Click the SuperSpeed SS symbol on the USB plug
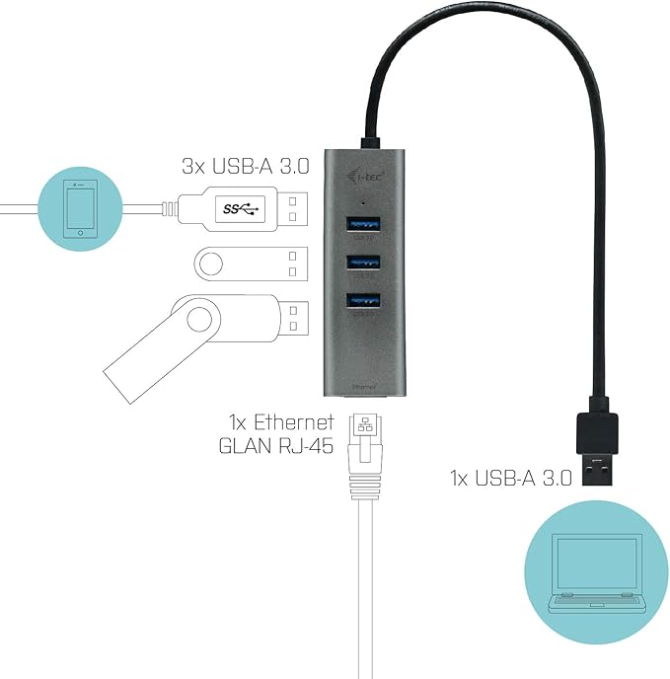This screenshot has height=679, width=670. (x=238, y=209)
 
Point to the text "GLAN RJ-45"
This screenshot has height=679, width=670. (x=275, y=444)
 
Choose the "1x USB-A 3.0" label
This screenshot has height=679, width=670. (x=510, y=479)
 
